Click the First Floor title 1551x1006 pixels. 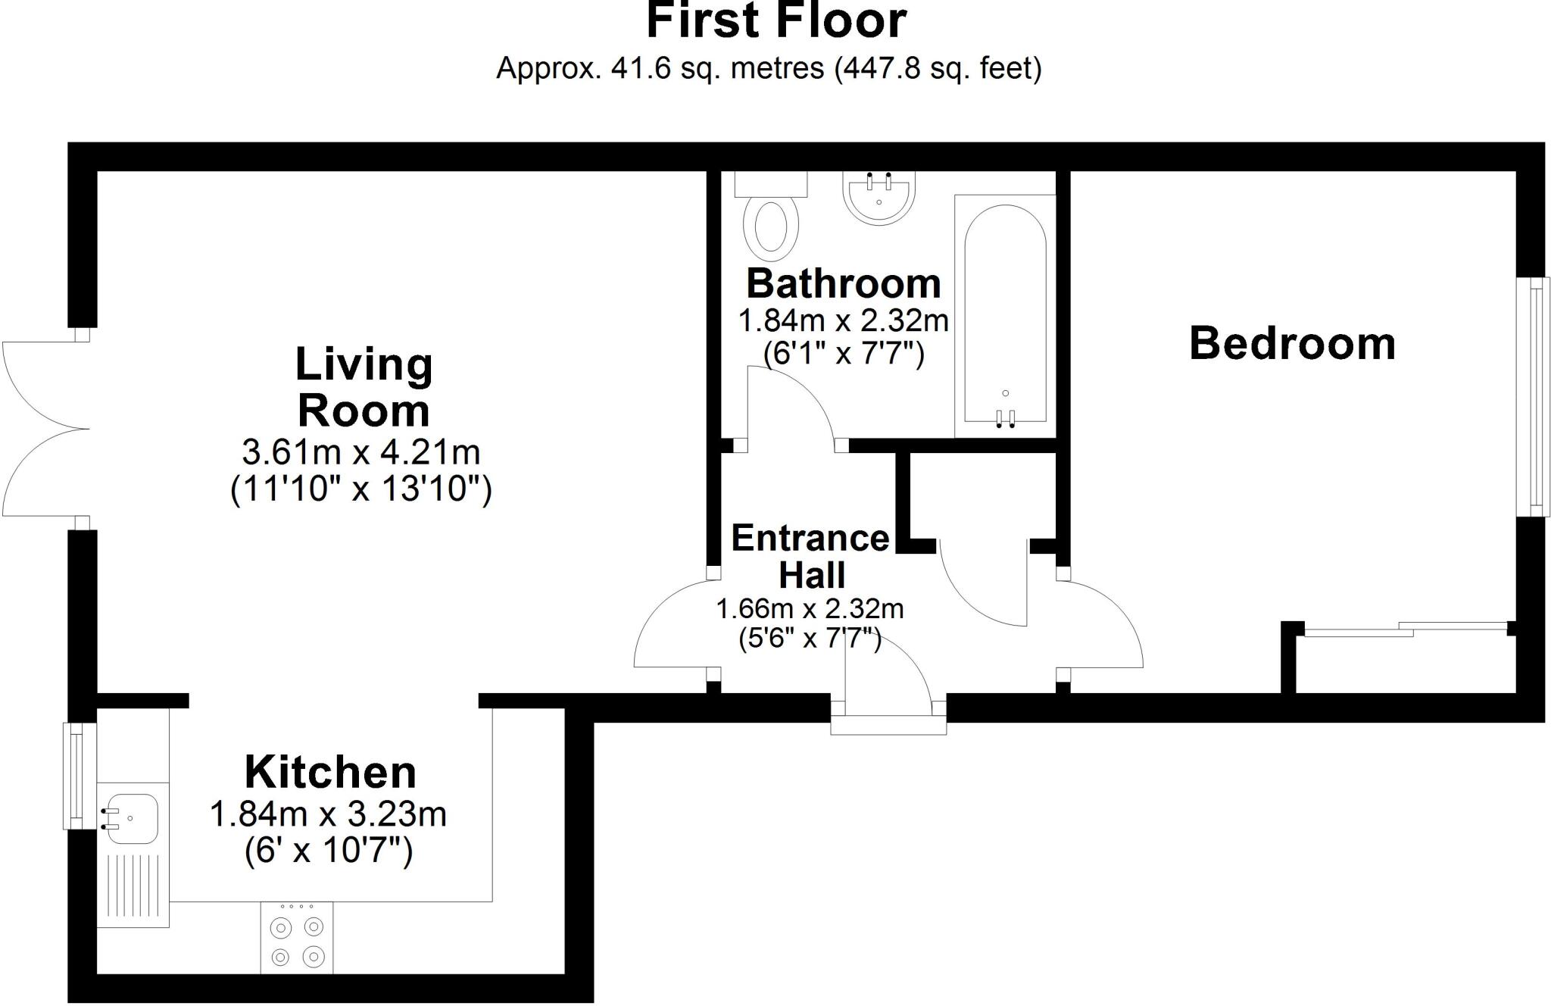click(x=775, y=21)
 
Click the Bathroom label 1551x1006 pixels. click(x=844, y=284)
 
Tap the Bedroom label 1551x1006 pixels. click(x=1292, y=344)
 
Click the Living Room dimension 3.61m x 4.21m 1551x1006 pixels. click(x=361, y=453)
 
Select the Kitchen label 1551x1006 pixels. click(x=330, y=773)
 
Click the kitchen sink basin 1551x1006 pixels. click(x=131, y=818)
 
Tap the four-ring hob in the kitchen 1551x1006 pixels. click(x=297, y=938)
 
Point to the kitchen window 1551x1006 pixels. click(x=74, y=776)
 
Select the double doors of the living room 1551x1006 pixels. click(x=45, y=429)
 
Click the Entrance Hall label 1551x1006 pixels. click(x=810, y=556)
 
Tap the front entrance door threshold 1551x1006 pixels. click(x=888, y=725)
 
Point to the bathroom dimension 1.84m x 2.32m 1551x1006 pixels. click(x=843, y=321)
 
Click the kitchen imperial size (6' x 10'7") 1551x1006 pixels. click(x=329, y=851)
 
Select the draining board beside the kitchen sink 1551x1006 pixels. click(x=133, y=886)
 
